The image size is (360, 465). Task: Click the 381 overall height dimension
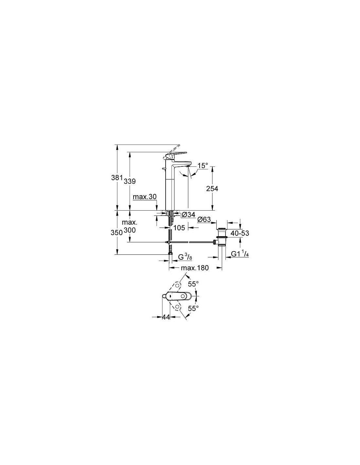(x=117, y=178)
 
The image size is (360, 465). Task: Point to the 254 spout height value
(x=212, y=189)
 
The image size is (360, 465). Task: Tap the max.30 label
(x=145, y=197)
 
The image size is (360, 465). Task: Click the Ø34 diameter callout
(x=189, y=215)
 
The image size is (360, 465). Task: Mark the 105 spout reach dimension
(x=179, y=228)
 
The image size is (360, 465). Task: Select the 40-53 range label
(x=240, y=233)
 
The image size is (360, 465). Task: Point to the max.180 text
(x=195, y=268)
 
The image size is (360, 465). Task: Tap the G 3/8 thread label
(x=185, y=257)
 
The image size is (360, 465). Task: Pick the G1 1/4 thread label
(x=240, y=254)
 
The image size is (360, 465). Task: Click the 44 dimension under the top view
(x=166, y=317)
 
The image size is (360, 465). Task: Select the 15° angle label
(x=203, y=166)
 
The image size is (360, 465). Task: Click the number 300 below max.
(x=130, y=230)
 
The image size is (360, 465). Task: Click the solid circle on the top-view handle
(x=183, y=296)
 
